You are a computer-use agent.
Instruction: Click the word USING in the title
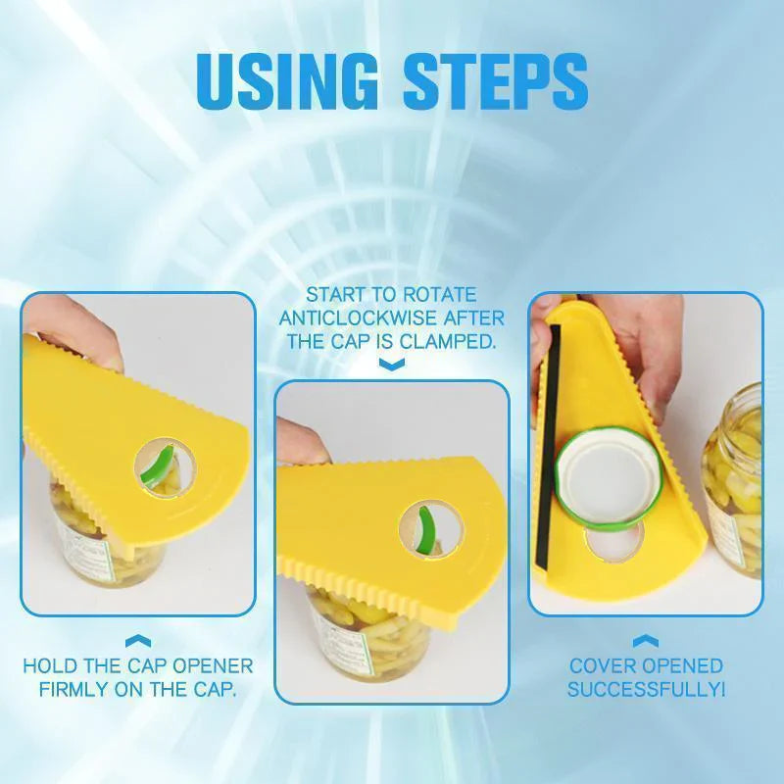287,80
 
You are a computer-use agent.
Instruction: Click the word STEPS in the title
496,80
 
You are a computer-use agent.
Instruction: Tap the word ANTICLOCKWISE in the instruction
358,318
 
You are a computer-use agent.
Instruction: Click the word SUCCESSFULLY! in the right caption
646,690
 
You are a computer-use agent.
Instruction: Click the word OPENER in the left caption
212,666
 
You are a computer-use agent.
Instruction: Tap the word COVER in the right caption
603,666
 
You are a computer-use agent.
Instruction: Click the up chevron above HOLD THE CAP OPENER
138,641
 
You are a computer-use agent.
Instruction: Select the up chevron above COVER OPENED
646,641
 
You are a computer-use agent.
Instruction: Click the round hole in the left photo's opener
165,468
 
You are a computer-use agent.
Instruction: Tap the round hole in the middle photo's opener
431,530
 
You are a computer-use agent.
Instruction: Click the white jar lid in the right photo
610,477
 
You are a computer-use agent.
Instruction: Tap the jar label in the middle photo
345,643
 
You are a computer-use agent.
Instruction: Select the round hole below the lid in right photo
614,542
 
